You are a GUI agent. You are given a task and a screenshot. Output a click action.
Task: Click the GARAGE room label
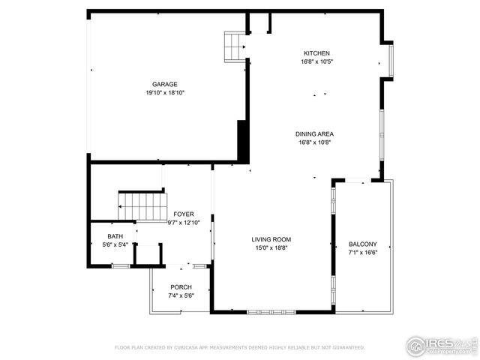click(x=165, y=84)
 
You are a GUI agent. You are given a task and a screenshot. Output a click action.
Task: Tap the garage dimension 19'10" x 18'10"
click(x=165, y=93)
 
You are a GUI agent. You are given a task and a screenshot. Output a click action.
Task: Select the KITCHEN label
click(x=316, y=53)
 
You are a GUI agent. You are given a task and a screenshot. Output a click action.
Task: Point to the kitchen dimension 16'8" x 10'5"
click(x=316, y=62)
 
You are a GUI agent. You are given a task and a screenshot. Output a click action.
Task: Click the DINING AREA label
click(x=316, y=133)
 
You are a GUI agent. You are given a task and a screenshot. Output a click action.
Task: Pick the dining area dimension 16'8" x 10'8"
click(x=316, y=142)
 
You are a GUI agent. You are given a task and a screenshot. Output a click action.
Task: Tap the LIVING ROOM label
click(x=271, y=239)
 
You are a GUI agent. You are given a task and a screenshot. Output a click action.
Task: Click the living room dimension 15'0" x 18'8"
click(x=271, y=248)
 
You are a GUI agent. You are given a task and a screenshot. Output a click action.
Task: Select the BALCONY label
click(x=363, y=244)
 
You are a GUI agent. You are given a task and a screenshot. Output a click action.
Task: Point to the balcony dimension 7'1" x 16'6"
click(x=363, y=253)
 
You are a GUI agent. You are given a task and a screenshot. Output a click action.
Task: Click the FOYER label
click(x=184, y=214)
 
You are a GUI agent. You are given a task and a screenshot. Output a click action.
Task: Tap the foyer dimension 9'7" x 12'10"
click(x=184, y=223)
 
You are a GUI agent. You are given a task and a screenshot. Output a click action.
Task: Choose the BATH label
click(x=115, y=236)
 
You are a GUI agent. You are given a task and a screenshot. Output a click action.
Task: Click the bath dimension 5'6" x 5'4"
click(x=115, y=244)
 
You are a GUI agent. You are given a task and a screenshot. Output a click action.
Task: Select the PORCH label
click(x=181, y=287)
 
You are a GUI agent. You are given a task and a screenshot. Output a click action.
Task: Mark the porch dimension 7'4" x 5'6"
click(x=181, y=296)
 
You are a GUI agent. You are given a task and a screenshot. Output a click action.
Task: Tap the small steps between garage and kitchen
click(x=235, y=46)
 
